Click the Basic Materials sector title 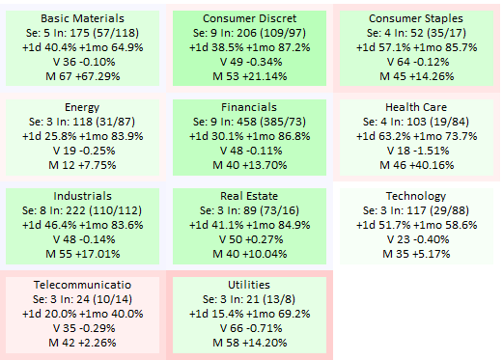pyautogui.click(x=82, y=18)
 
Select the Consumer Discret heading pyautogui.click(x=249, y=18)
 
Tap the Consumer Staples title pyautogui.click(x=416, y=18)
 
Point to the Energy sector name pyautogui.click(x=82, y=107)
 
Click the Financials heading pyautogui.click(x=249, y=107)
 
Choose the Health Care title pyautogui.click(x=416, y=107)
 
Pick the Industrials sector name pyautogui.click(x=82, y=196)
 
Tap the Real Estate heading pyautogui.click(x=249, y=196)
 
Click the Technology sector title pyautogui.click(x=416, y=196)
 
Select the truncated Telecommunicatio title pyautogui.click(x=82, y=285)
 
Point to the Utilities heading pyautogui.click(x=249, y=285)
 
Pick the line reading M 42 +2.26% pyautogui.click(x=82, y=343)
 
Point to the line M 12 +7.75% pyautogui.click(x=82, y=165)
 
